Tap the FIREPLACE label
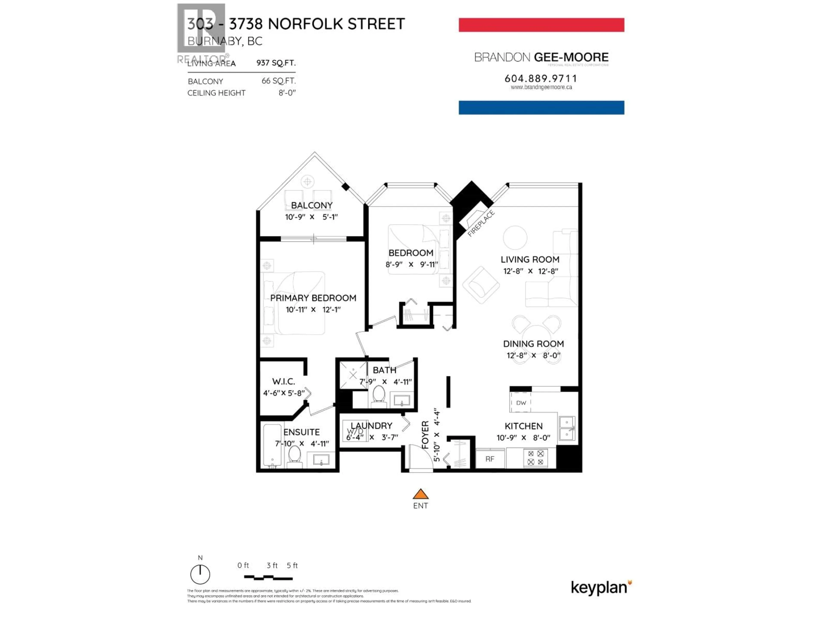coord(481,223)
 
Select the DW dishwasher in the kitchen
coord(521,403)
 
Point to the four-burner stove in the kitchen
coord(535,458)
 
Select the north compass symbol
coord(200,574)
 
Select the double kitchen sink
coord(567,428)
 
